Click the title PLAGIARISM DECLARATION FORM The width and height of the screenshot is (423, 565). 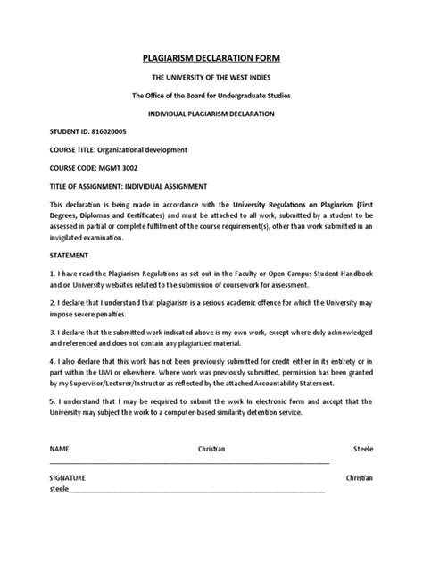[211, 58]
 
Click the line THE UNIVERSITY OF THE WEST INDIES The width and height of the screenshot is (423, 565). [211, 79]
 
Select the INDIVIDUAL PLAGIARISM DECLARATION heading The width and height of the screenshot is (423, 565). [211, 114]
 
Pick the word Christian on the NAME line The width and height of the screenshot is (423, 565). [211, 446]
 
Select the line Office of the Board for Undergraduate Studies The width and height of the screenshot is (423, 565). [211, 97]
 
